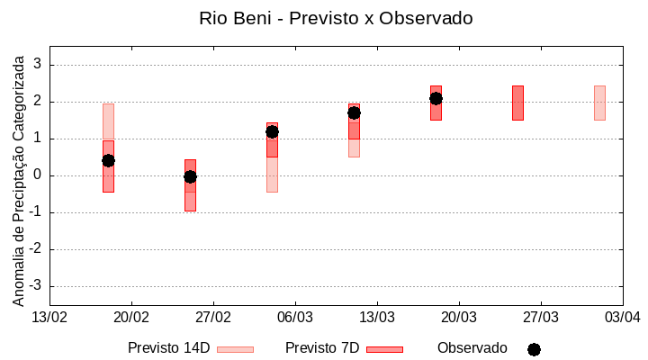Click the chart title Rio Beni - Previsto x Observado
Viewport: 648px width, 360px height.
[336, 18]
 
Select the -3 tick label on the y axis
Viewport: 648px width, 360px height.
[35, 286]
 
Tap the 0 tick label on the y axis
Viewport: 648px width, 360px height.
[38, 175]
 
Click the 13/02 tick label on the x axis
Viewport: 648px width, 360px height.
[49, 318]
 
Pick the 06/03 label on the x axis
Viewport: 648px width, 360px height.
[294, 318]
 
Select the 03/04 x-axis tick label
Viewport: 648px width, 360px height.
[622, 318]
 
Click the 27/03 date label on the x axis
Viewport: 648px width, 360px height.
[540, 318]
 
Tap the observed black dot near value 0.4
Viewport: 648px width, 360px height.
[108, 160]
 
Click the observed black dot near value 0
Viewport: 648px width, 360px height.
[190, 176]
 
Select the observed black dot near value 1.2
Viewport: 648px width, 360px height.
[272, 131]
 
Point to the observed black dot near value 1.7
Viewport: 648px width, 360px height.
[354, 112]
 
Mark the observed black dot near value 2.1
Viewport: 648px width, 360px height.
[436, 98]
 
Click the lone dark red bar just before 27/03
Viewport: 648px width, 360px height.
[517, 103]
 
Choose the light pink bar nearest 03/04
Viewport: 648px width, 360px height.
[599, 103]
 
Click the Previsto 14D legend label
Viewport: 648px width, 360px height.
[168, 348]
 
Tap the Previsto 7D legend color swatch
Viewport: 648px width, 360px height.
[384, 349]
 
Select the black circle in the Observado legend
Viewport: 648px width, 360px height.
[534, 349]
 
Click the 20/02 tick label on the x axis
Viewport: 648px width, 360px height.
[131, 318]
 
